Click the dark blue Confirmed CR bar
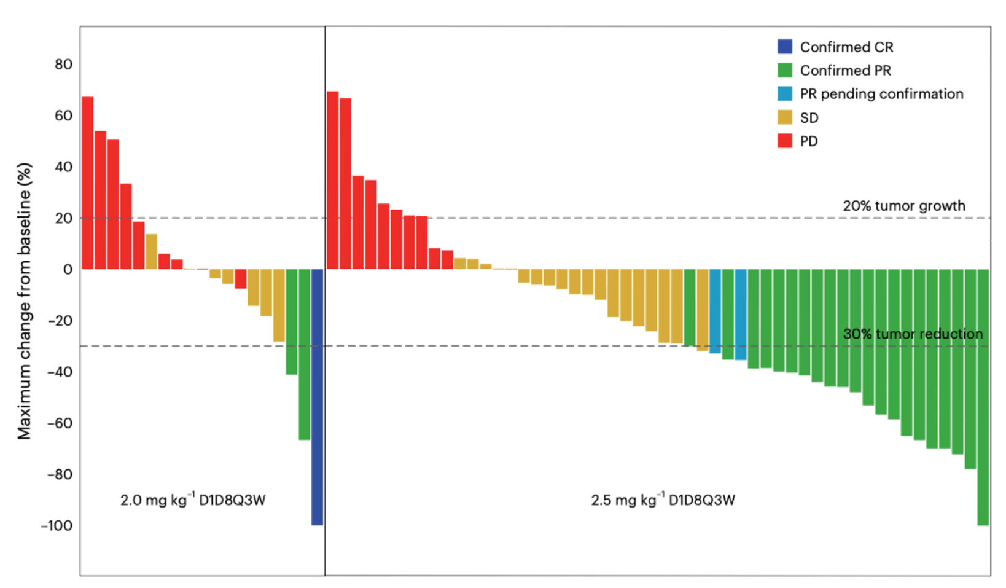click(x=317, y=397)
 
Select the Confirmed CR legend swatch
click(x=784, y=47)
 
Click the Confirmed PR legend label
click(x=845, y=71)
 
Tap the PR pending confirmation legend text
click(x=881, y=94)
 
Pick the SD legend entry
click(x=808, y=117)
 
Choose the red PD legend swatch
click(x=784, y=141)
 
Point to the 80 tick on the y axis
click(x=63, y=65)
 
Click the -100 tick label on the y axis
click(x=57, y=526)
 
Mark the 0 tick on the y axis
click(x=68, y=269)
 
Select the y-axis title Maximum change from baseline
click(x=24, y=301)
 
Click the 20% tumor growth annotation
click(x=903, y=206)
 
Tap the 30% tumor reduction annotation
click(x=913, y=334)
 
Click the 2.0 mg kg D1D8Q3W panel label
click(x=193, y=500)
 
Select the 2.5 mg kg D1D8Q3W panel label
click(x=663, y=500)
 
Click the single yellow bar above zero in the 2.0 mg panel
click(x=151, y=251)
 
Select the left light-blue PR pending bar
click(x=715, y=311)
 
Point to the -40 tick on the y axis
click(x=60, y=372)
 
